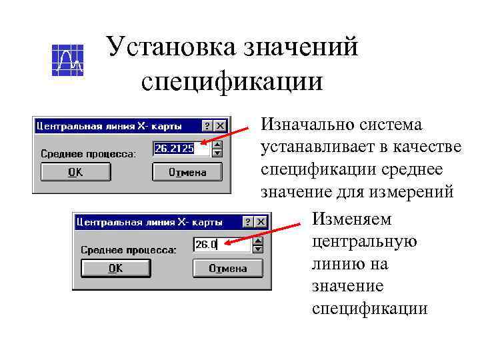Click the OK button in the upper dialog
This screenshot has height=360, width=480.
pos(75,172)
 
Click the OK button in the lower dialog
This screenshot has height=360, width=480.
pos(115,269)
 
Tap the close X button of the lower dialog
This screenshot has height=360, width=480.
pos(261,221)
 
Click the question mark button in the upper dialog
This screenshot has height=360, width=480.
pos(208,125)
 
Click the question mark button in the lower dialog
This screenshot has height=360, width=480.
pos(248,221)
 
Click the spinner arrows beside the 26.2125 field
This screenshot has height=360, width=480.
pos(217,149)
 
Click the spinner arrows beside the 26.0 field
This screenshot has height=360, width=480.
pos(258,245)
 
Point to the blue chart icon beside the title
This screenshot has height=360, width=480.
pos(67,60)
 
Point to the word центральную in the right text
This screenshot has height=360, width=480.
pos(364,241)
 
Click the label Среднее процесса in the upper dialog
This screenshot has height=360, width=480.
pos(88,154)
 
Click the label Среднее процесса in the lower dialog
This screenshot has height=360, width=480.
pos(129,250)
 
